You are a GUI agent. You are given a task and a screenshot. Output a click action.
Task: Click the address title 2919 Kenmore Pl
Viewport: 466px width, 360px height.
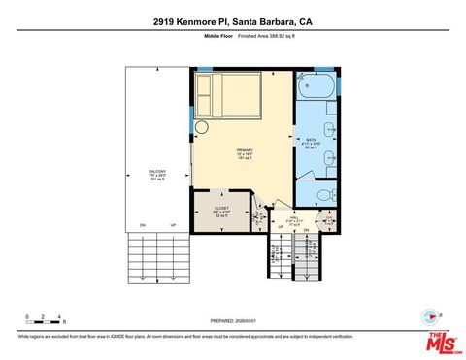[x=232, y=20]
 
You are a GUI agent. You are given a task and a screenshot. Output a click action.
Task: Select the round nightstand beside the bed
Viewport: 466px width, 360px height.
[x=202, y=126]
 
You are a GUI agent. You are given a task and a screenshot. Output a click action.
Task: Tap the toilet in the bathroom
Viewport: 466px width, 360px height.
[x=330, y=194]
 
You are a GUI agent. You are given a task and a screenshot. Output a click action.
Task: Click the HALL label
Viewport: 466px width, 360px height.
[x=293, y=219]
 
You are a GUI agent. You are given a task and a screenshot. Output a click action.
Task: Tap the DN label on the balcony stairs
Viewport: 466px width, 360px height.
[x=143, y=225]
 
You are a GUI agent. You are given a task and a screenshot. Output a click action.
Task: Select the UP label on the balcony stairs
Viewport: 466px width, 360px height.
[x=173, y=225]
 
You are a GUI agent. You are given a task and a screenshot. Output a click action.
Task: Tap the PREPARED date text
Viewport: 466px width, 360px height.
[x=233, y=320]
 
